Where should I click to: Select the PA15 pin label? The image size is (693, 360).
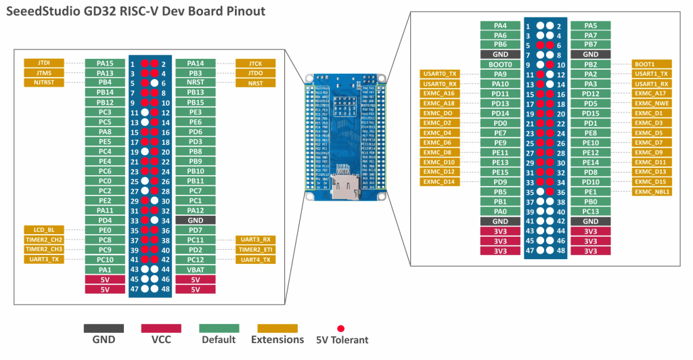pyautogui.click(x=105, y=63)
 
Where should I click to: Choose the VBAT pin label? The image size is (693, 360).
pyautogui.click(x=195, y=269)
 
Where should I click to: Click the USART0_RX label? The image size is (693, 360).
pyautogui.click(x=440, y=84)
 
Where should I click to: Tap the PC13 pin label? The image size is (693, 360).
pyautogui.click(x=590, y=211)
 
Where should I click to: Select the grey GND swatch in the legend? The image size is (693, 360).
pyautogui.click(x=104, y=328)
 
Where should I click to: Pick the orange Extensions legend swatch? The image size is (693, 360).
pyautogui.click(x=277, y=328)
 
